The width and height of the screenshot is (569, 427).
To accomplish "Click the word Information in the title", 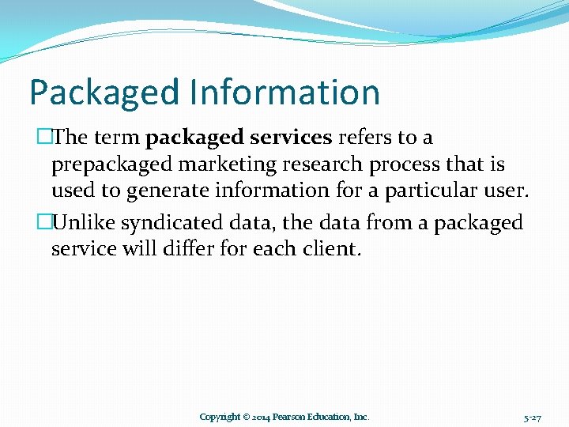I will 284,92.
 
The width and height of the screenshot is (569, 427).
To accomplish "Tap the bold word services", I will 291,138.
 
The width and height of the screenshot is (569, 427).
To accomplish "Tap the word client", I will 333,249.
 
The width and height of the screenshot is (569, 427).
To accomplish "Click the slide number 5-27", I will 532,417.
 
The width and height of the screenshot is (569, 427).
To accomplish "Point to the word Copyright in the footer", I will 219,417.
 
